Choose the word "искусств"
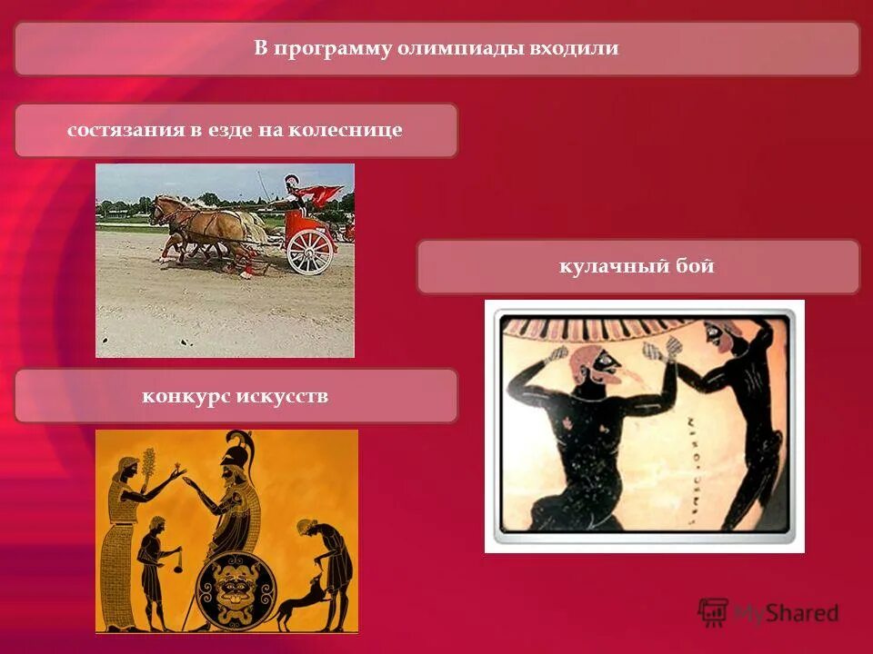pyautogui.click(x=282, y=396)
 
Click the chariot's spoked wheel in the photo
pyautogui.click(x=310, y=251)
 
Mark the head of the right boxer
pyautogui.click(x=717, y=341)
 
